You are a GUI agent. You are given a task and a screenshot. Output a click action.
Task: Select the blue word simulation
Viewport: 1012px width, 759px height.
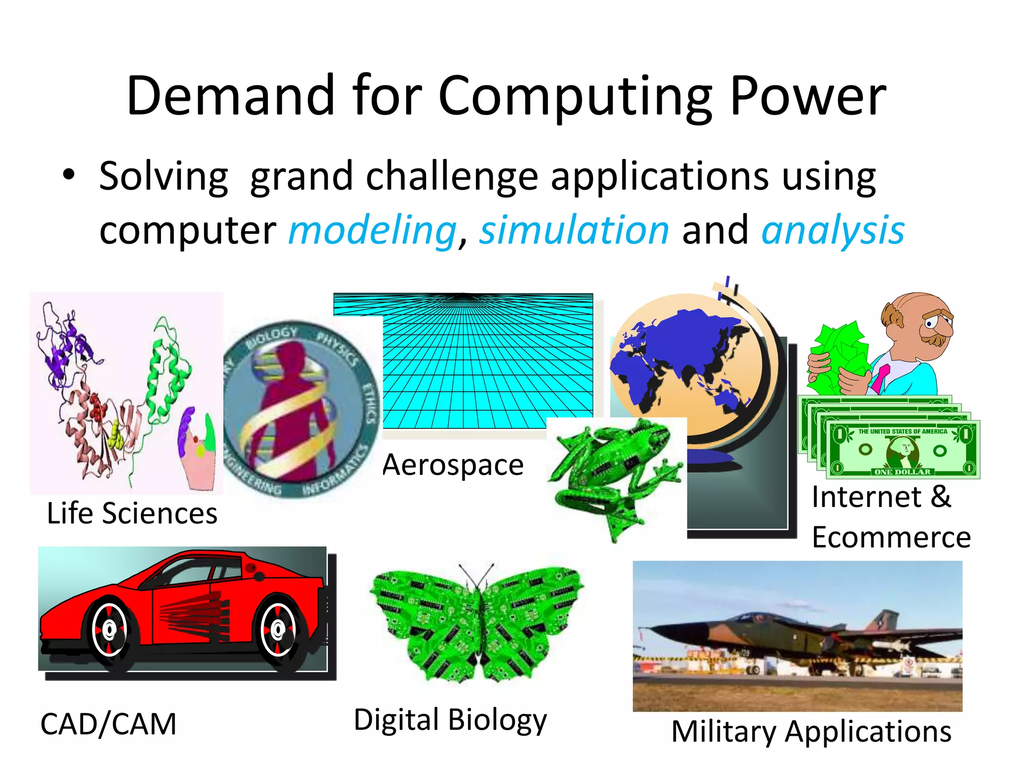[x=574, y=231]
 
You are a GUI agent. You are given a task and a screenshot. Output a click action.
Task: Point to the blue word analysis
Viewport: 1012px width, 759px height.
[x=833, y=231]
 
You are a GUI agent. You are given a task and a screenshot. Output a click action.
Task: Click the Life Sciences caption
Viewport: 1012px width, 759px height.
[x=132, y=513]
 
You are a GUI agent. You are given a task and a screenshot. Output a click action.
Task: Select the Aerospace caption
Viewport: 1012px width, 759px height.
[x=453, y=465]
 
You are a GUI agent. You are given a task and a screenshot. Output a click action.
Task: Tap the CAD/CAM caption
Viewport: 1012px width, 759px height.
[x=108, y=724]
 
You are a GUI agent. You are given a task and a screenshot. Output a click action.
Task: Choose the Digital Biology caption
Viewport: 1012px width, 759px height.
[x=450, y=719]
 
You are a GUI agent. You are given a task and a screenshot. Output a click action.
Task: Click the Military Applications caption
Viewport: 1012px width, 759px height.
[x=811, y=731]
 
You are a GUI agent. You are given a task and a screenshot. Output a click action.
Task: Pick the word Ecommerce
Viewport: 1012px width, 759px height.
[x=891, y=538]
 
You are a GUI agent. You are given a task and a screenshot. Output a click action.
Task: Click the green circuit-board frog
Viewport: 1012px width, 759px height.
[x=615, y=472]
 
